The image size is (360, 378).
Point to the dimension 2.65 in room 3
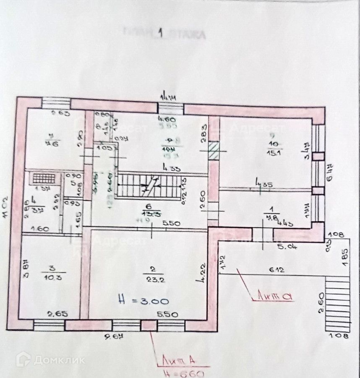click(55, 313)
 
